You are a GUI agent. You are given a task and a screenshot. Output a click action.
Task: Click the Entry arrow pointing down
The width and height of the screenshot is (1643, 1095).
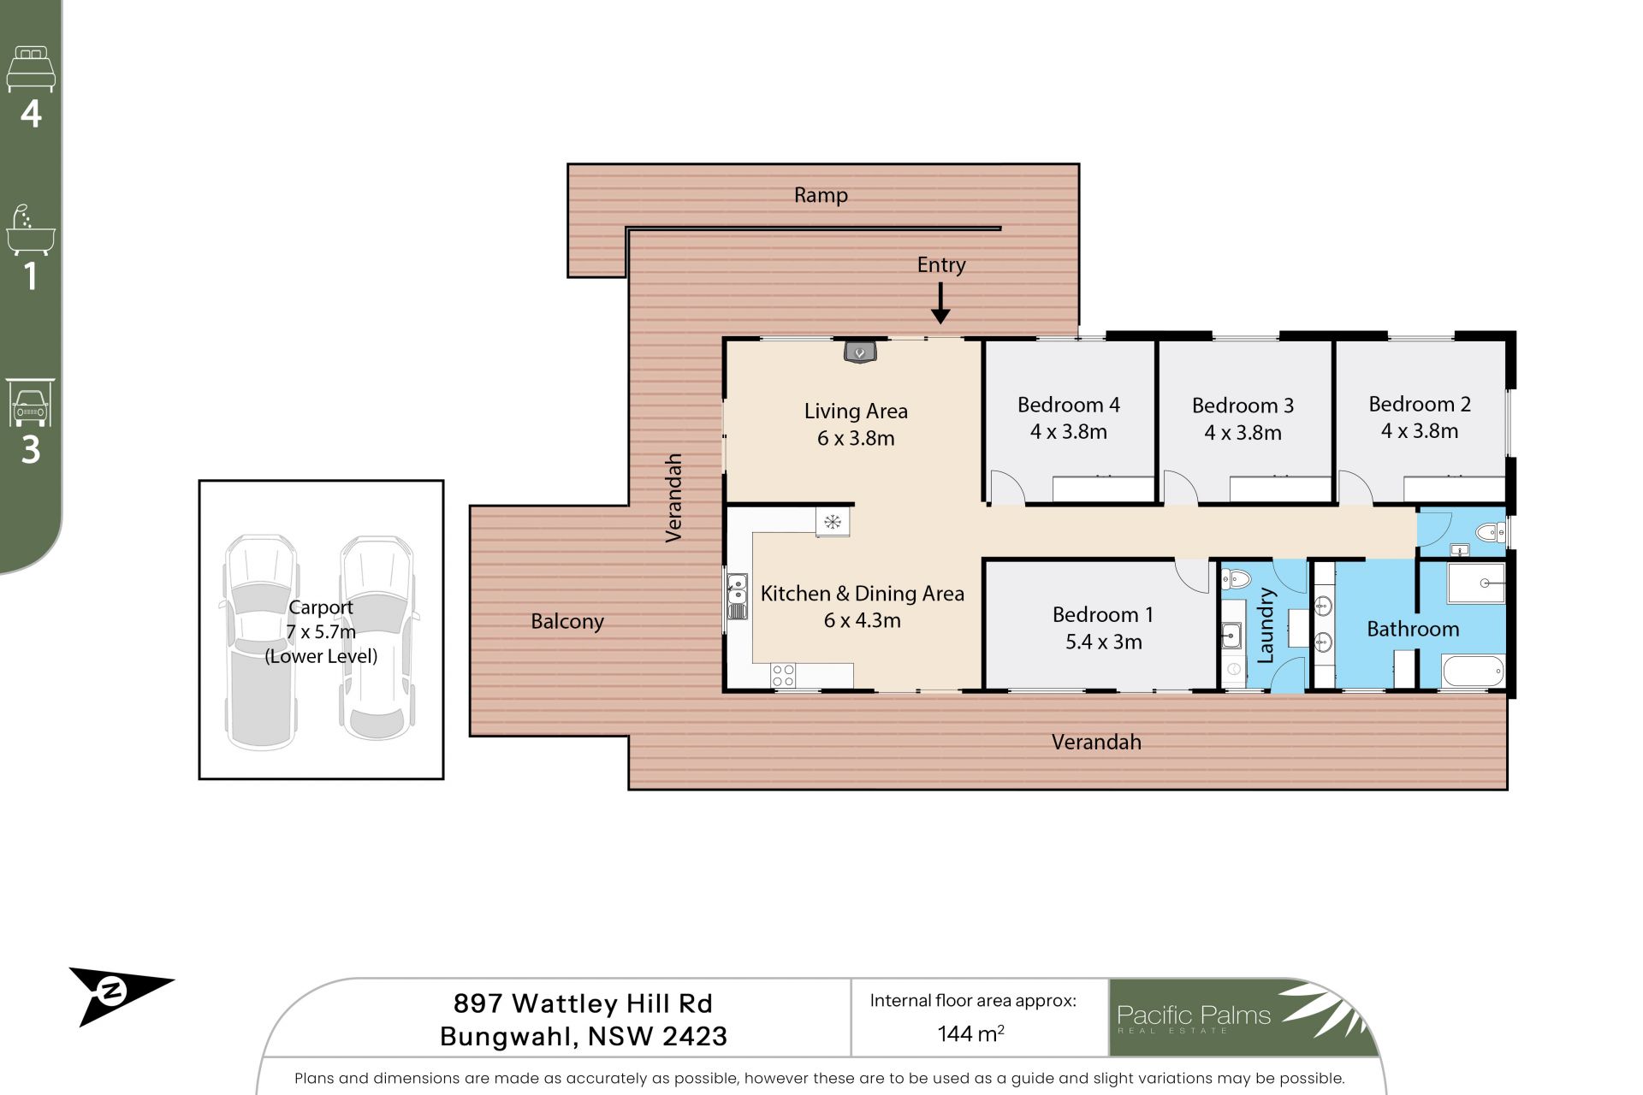940,304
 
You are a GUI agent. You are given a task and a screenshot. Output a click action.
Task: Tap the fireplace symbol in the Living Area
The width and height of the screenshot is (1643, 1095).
860,351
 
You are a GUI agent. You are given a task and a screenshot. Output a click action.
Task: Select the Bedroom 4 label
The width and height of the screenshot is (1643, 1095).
1068,405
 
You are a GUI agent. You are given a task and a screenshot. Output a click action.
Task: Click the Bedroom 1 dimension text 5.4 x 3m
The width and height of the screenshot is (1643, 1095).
1103,642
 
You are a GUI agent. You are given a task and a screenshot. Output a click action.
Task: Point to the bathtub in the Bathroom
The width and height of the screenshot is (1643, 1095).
1474,671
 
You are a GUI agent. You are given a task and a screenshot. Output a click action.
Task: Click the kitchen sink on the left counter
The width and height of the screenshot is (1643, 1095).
737,596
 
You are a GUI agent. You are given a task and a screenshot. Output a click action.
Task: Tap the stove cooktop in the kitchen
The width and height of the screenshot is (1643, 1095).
783,675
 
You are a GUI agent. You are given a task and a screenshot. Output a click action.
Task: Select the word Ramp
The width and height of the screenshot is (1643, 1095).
821,196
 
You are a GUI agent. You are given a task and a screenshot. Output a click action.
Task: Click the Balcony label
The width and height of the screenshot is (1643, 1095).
567,622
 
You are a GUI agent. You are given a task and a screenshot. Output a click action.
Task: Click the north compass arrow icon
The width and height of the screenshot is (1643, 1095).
121,995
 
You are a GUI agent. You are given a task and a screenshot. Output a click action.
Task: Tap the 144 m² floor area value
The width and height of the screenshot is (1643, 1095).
970,1033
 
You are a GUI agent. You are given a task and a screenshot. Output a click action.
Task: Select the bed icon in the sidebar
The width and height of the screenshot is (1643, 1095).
31,69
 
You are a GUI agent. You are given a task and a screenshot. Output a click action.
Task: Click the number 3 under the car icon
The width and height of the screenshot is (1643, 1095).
31,449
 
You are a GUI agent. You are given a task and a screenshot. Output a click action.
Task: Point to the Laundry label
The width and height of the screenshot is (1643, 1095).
1266,625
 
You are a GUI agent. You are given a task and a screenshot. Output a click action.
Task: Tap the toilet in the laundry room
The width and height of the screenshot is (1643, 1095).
1236,579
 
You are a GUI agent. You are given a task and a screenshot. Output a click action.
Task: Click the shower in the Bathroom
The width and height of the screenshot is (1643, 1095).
1475,583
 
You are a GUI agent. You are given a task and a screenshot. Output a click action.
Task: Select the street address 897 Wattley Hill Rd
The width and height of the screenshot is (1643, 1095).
583,1003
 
